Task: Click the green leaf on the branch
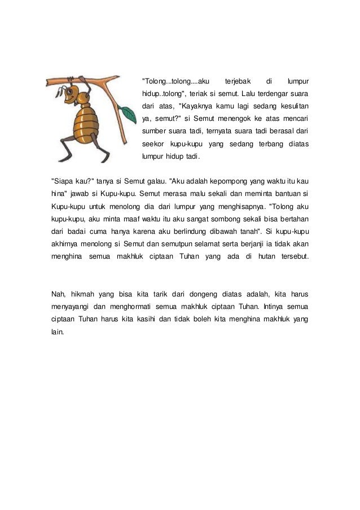[129, 115]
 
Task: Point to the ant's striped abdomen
[86, 128]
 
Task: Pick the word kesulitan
[291, 106]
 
